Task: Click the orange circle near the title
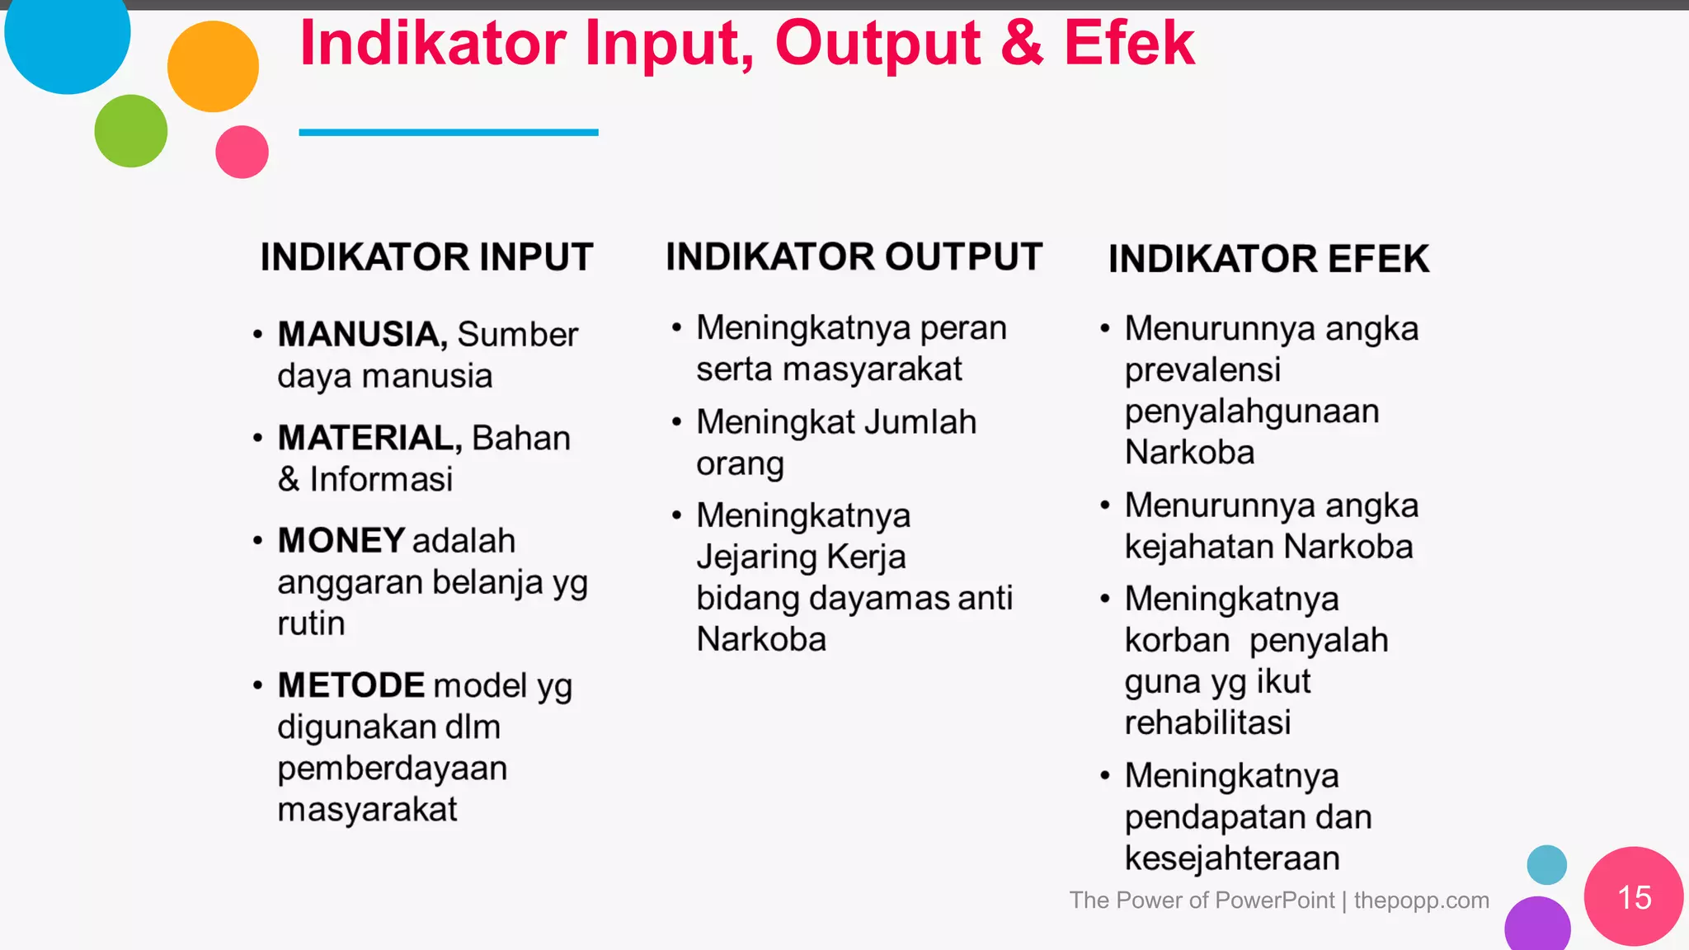pyautogui.click(x=213, y=66)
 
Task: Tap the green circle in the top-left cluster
pyautogui.click(x=130, y=131)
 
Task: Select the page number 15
pyautogui.click(x=1634, y=897)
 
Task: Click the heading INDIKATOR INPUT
pyautogui.click(x=426, y=257)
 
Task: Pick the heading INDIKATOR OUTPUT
pyautogui.click(x=854, y=256)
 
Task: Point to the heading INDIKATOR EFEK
pyautogui.click(x=1268, y=259)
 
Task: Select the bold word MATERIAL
pyautogui.click(x=369, y=438)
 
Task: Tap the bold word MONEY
pyautogui.click(x=341, y=541)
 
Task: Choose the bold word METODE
pyautogui.click(x=351, y=685)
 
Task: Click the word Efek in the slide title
pyautogui.click(x=1128, y=43)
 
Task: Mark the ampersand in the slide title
pyautogui.click(x=1022, y=43)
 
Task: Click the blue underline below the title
pyautogui.click(x=448, y=132)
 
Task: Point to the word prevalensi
pyautogui.click(x=1202, y=369)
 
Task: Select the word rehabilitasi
pyautogui.click(x=1207, y=722)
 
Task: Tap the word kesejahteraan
pyautogui.click(x=1232, y=858)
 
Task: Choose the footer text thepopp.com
pyautogui.click(x=1421, y=900)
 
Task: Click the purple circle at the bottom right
pyautogui.click(x=1536, y=926)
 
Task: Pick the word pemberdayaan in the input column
pyautogui.click(x=392, y=769)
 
